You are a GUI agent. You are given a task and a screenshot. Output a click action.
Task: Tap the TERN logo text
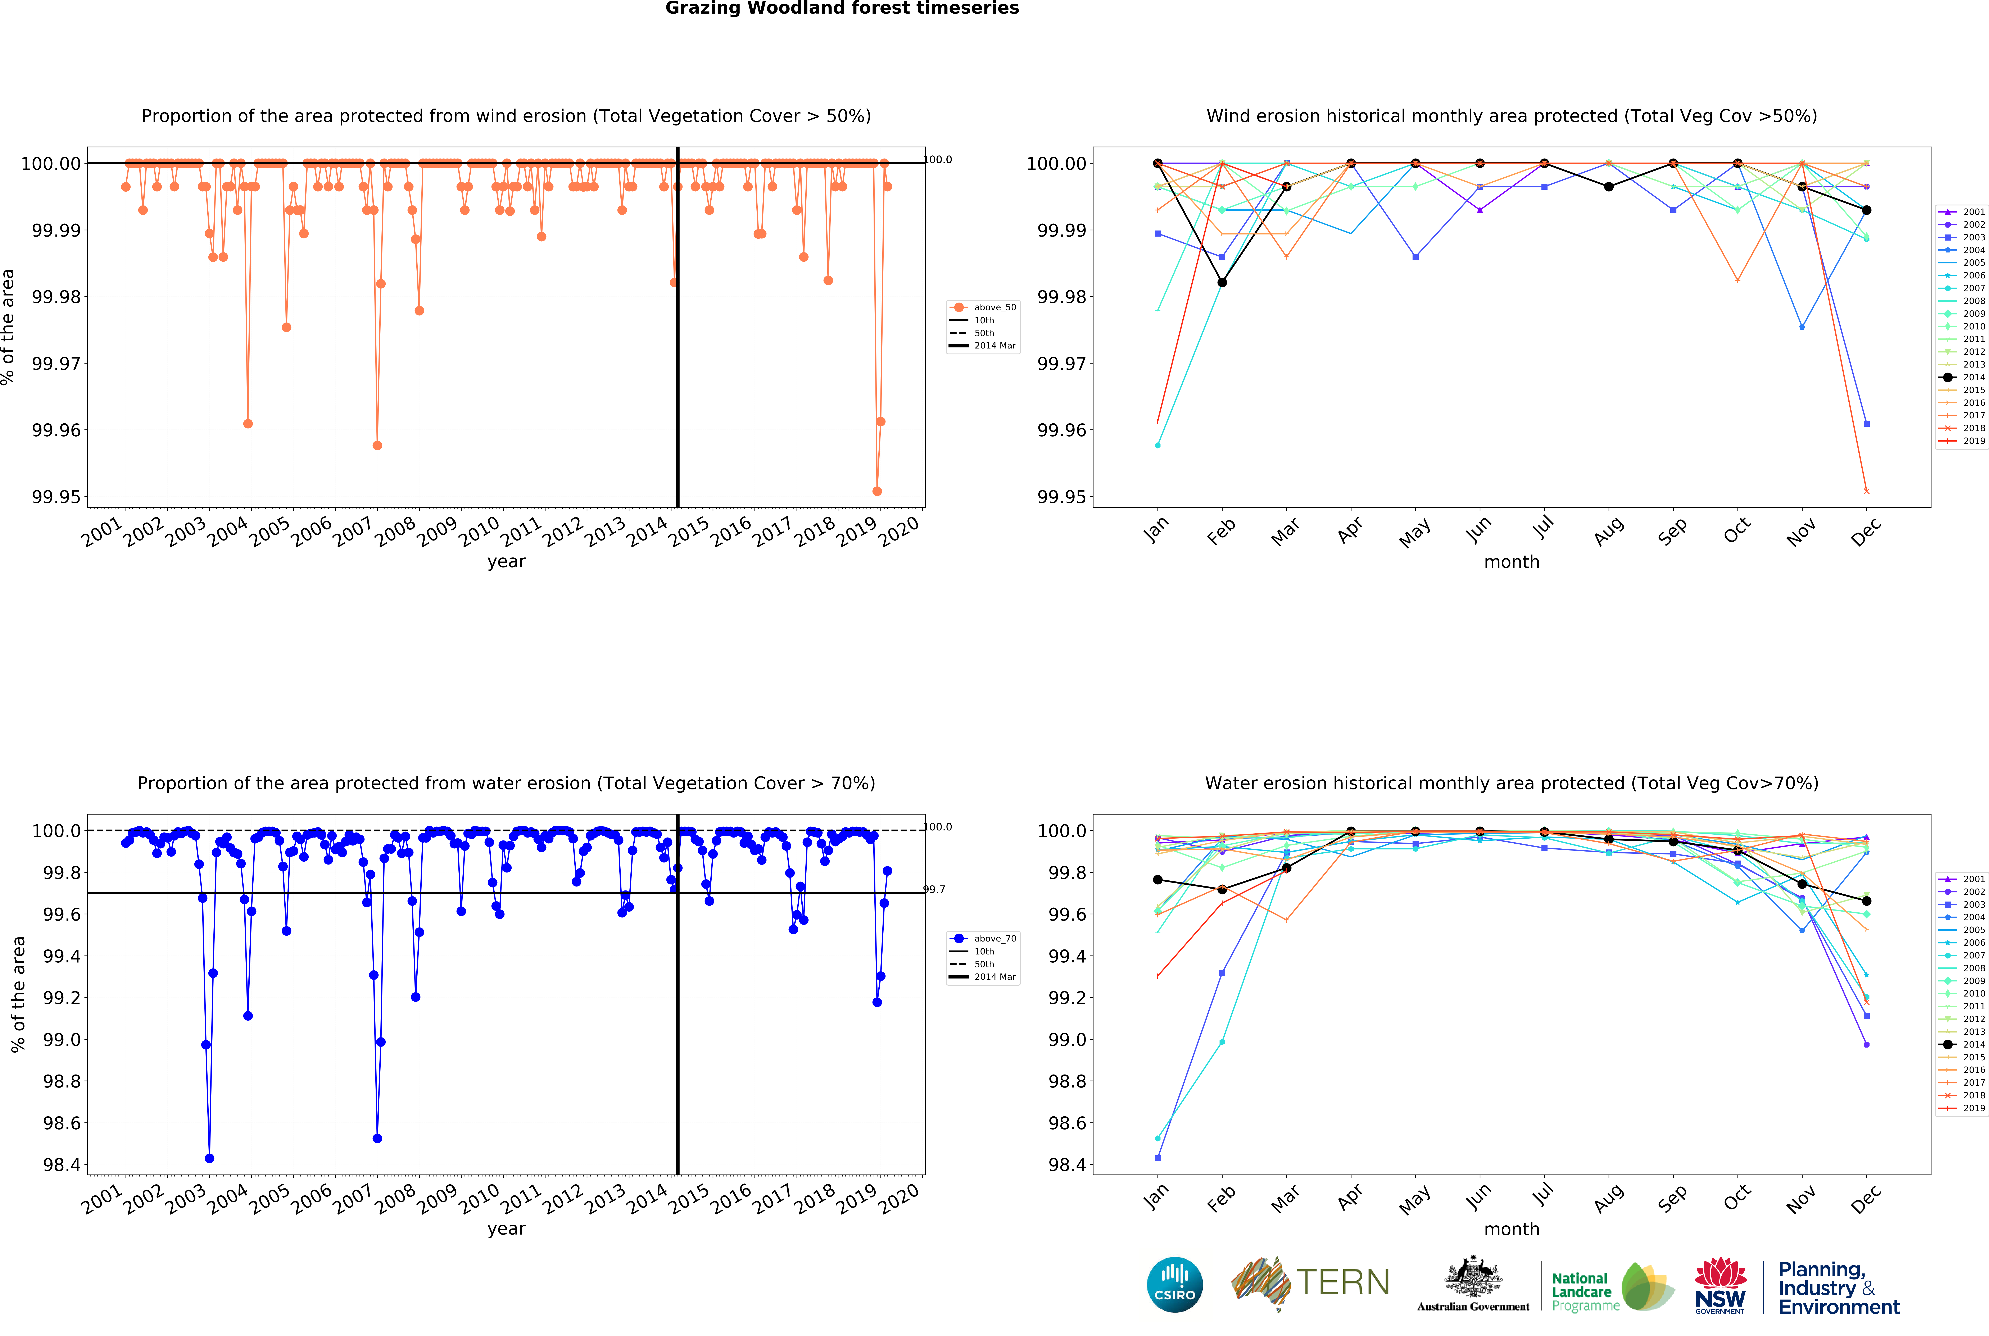click(x=1342, y=1282)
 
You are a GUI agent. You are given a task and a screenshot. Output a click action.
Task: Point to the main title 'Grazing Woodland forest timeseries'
click(x=842, y=9)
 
